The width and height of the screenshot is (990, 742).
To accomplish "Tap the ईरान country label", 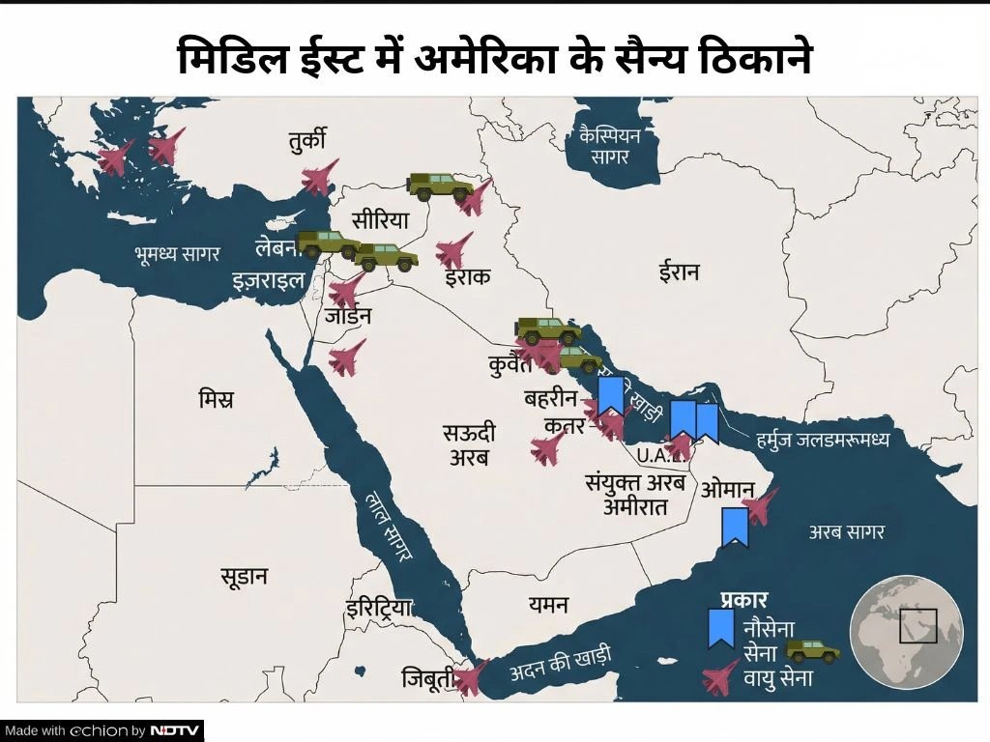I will (679, 272).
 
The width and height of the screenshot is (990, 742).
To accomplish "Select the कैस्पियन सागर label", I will (612, 145).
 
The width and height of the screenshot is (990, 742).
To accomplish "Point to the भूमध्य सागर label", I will (178, 254).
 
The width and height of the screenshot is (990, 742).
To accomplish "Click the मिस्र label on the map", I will (216, 399).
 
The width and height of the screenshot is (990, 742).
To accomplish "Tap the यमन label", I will (548, 605).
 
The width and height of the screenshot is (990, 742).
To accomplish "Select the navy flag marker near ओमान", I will (734, 527).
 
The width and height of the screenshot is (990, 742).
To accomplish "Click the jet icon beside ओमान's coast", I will (760, 505).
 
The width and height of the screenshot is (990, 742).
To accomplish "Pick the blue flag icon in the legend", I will (720, 628).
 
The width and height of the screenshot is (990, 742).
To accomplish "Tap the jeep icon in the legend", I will (811, 650).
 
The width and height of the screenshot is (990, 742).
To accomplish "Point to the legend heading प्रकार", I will (743, 599).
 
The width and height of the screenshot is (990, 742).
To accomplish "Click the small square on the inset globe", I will (917, 626).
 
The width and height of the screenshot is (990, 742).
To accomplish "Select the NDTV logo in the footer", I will (175, 730).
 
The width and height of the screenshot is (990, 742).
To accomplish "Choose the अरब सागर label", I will (847, 531).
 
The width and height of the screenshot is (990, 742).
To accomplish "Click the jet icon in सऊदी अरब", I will (549, 447).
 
